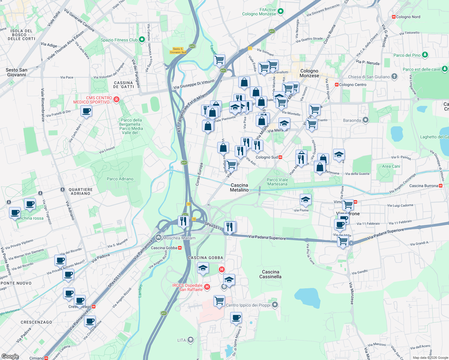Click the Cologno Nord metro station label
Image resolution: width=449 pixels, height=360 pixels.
click(x=408, y=17)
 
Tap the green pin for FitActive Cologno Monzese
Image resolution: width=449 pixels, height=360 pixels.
click(x=281, y=12)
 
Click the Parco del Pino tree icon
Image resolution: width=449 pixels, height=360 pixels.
click(x=425, y=55)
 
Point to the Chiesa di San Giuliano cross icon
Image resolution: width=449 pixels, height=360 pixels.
click(x=394, y=76)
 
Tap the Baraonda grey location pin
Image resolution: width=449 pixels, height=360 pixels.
click(x=365, y=120)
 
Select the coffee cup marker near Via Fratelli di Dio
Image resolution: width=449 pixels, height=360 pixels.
click(x=86, y=111)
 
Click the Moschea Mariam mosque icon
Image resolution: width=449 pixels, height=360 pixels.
click(x=158, y=238)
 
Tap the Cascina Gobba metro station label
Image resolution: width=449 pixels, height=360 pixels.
click(x=166, y=248)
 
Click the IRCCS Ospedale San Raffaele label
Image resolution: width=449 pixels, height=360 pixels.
click(x=188, y=287)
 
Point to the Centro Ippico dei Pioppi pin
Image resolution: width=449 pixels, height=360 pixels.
click(x=275, y=305)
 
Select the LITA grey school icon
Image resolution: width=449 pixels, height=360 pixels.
click(x=190, y=340)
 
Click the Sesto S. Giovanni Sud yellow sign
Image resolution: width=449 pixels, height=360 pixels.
click(x=178, y=50)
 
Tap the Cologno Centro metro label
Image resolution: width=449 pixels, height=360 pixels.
click(x=352, y=85)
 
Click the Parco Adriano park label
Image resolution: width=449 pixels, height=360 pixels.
click(x=120, y=179)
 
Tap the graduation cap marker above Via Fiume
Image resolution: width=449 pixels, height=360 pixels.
click(x=305, y=199)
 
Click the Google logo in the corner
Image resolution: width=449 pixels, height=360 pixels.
click(x=10, y=356)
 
